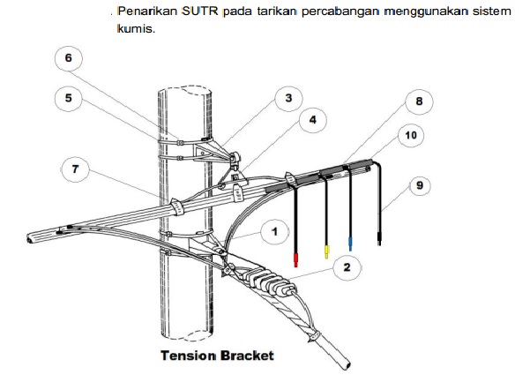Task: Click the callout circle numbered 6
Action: (68, 59)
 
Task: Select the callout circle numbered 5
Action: (68, 98)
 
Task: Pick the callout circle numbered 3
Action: (287, 100)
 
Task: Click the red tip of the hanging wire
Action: (295, 259)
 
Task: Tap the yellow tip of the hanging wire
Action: (326, 252)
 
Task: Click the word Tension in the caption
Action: (188, 356)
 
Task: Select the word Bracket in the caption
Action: (248, 356)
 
